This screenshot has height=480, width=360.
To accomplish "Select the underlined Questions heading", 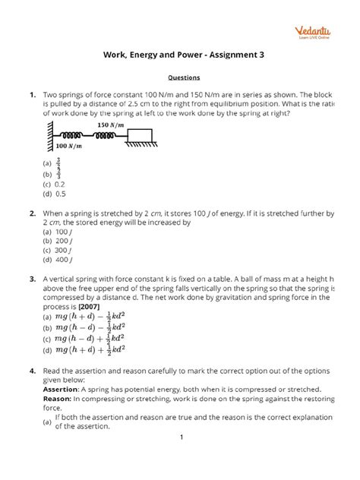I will click(x=179, y=77).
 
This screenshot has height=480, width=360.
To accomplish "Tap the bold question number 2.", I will click(x=31, y=214).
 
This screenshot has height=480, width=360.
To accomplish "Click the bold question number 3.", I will click(x=31, y=280).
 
